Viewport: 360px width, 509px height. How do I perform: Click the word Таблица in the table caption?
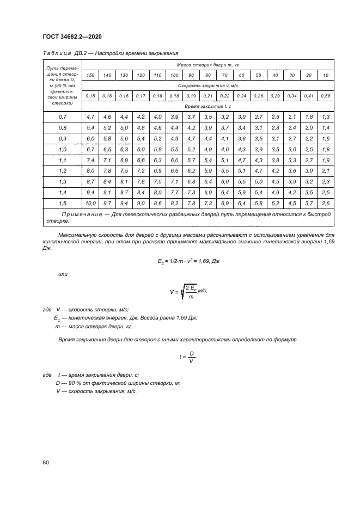tap(52, 53)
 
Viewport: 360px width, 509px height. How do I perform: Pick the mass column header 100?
tap(174, 75)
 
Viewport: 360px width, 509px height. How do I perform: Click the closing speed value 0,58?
tap(326, 96)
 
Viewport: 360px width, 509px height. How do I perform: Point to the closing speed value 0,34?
tap(292, 96)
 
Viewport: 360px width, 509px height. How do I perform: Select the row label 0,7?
tap(62, 117)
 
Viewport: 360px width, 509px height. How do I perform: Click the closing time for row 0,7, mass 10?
tap(326, 117)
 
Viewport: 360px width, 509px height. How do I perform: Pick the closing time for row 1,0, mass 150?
tap(90, 149)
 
